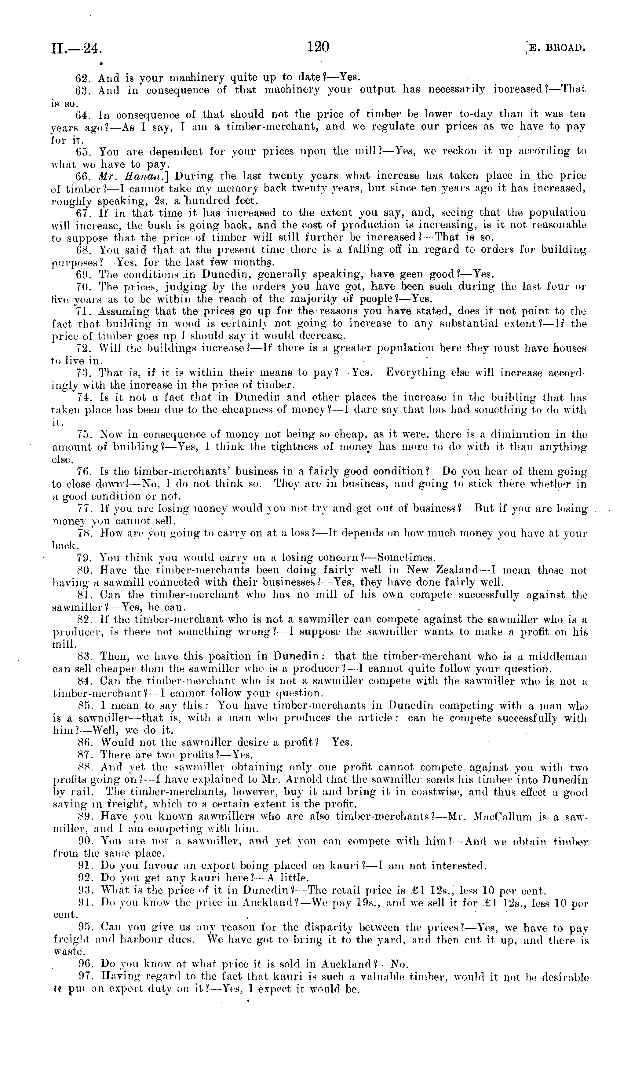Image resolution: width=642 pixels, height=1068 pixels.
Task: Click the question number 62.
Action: point(82,78)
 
